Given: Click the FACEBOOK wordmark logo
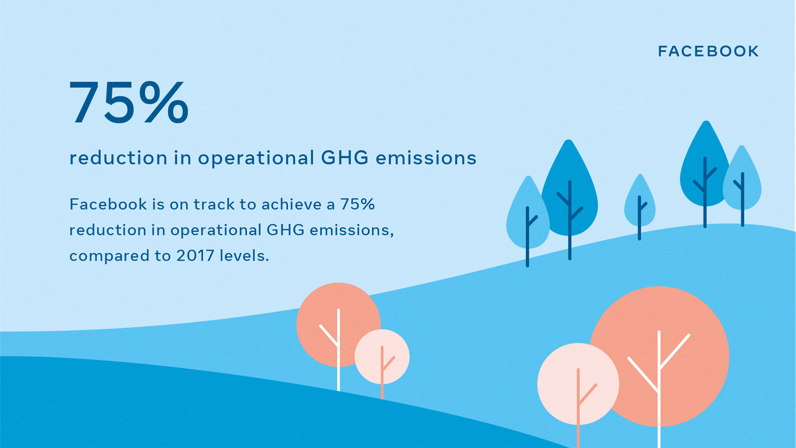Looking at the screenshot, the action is [708, 51].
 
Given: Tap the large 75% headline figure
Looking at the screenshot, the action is [129, 103].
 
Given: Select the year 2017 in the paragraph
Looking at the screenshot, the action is [195, 256].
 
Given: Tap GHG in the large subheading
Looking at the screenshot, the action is [345, 158].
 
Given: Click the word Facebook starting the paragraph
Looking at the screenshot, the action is [108, 205].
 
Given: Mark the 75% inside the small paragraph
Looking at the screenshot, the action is [357, 205].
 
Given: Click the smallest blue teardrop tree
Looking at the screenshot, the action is [640, 203].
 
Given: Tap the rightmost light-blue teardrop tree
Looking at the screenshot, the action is [742, 183].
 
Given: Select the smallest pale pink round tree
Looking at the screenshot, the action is [382, 357].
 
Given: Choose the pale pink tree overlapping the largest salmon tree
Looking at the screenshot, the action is [578, 384].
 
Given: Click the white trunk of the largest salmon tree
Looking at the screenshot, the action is [659, 390].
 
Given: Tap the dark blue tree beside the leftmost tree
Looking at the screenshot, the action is [570, 191].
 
